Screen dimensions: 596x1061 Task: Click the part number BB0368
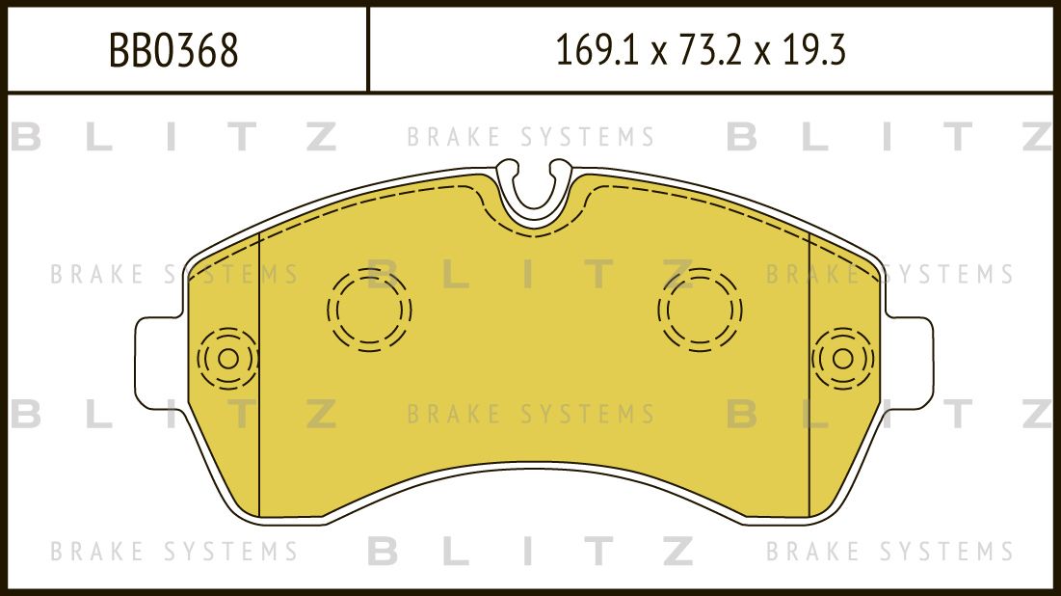click(x=173, y=51)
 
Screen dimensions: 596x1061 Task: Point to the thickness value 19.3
click(x=815, y=51)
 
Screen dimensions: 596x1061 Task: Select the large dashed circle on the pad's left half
click(x=369, y=310)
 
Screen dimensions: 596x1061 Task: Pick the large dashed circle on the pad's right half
click(x=701, y=310)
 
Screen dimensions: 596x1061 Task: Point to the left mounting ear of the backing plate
click(x=154, y=358)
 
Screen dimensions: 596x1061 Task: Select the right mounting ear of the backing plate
click(x=916, y=358)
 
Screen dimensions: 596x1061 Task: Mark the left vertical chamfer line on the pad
click(x=261, y=376)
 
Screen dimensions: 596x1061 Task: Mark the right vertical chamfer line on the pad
click(x=809, y=376)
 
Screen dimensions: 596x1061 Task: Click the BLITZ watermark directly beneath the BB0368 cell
click(x=173, y=138)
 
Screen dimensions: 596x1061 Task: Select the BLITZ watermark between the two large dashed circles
click(x=531, y=275)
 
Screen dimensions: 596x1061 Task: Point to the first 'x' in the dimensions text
click(x=658, y=54)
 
